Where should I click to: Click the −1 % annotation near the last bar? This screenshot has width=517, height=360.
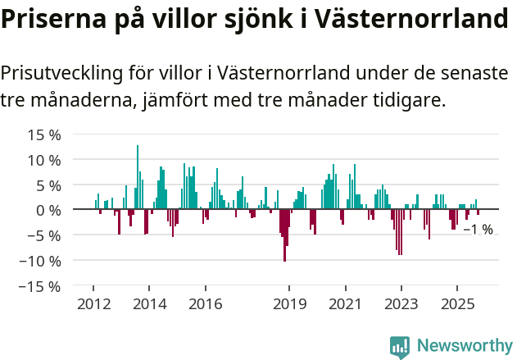click(x=478, y=230)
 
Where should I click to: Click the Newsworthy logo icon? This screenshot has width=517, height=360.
click(x=400, y=347)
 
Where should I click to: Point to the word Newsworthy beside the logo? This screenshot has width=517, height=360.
click(x=464, y=346)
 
